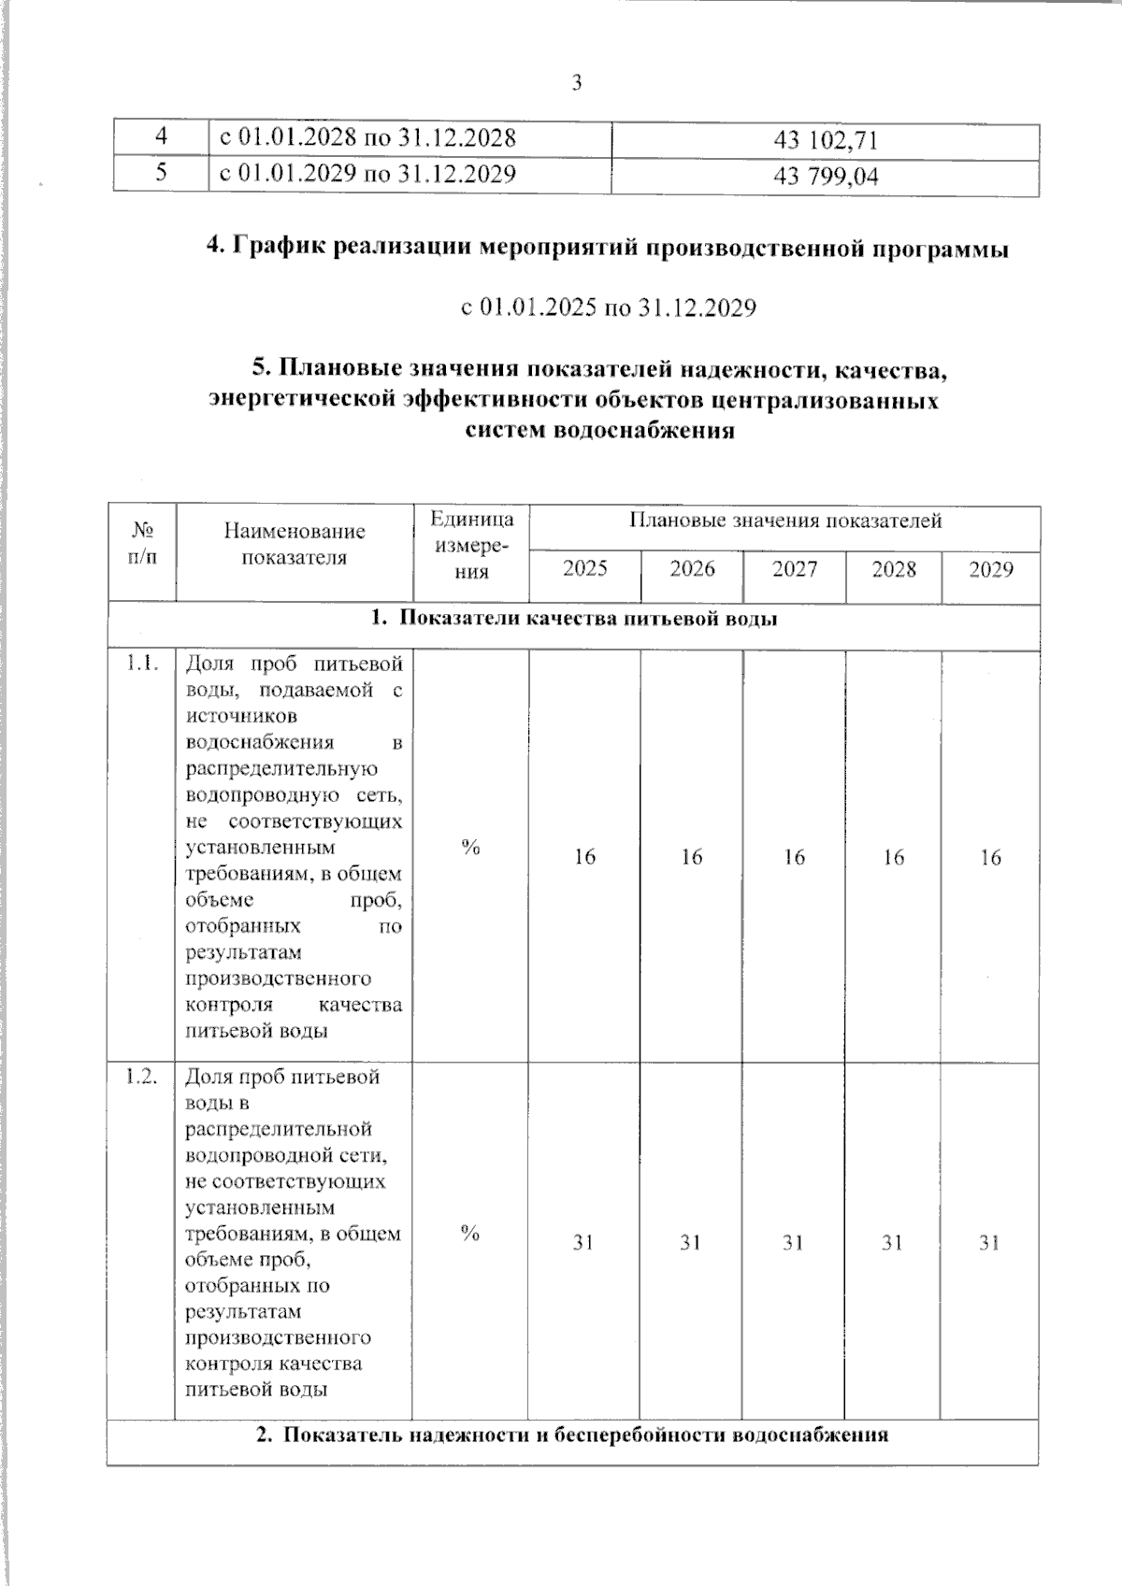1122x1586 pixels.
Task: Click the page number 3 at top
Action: click(x=576, y=83)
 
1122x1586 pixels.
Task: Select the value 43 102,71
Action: click(x=826, y=141)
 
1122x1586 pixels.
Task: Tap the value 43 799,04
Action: click(x=826, y=177)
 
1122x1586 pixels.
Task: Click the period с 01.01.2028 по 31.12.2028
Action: click(x=367, y=138)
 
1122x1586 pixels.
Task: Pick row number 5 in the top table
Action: click(x=161, y=173)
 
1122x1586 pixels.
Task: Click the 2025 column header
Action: click(x=584, y=569)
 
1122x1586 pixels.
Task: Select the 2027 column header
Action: click(x=794, y=569)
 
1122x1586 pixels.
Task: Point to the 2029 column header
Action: click(x=990, y=569)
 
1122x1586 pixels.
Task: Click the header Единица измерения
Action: click(x=471, y=545)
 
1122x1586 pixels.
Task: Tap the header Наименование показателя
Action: click(x=295, y=544)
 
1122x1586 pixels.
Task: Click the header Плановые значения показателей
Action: click(x=784, y=521)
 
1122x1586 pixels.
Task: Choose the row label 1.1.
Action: click(x=142, y=664)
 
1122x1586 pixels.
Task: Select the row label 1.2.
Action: click(x=141, y=1076)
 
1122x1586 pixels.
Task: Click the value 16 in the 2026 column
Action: click(x=691, y=857)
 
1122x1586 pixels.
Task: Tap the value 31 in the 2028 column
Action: click(x=893, y=1242)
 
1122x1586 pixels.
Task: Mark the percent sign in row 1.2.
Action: click(x=470, y=1234)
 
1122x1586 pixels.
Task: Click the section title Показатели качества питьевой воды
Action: click(x=573, y=619)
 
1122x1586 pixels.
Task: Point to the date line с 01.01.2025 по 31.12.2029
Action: click(x=608, y=307)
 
